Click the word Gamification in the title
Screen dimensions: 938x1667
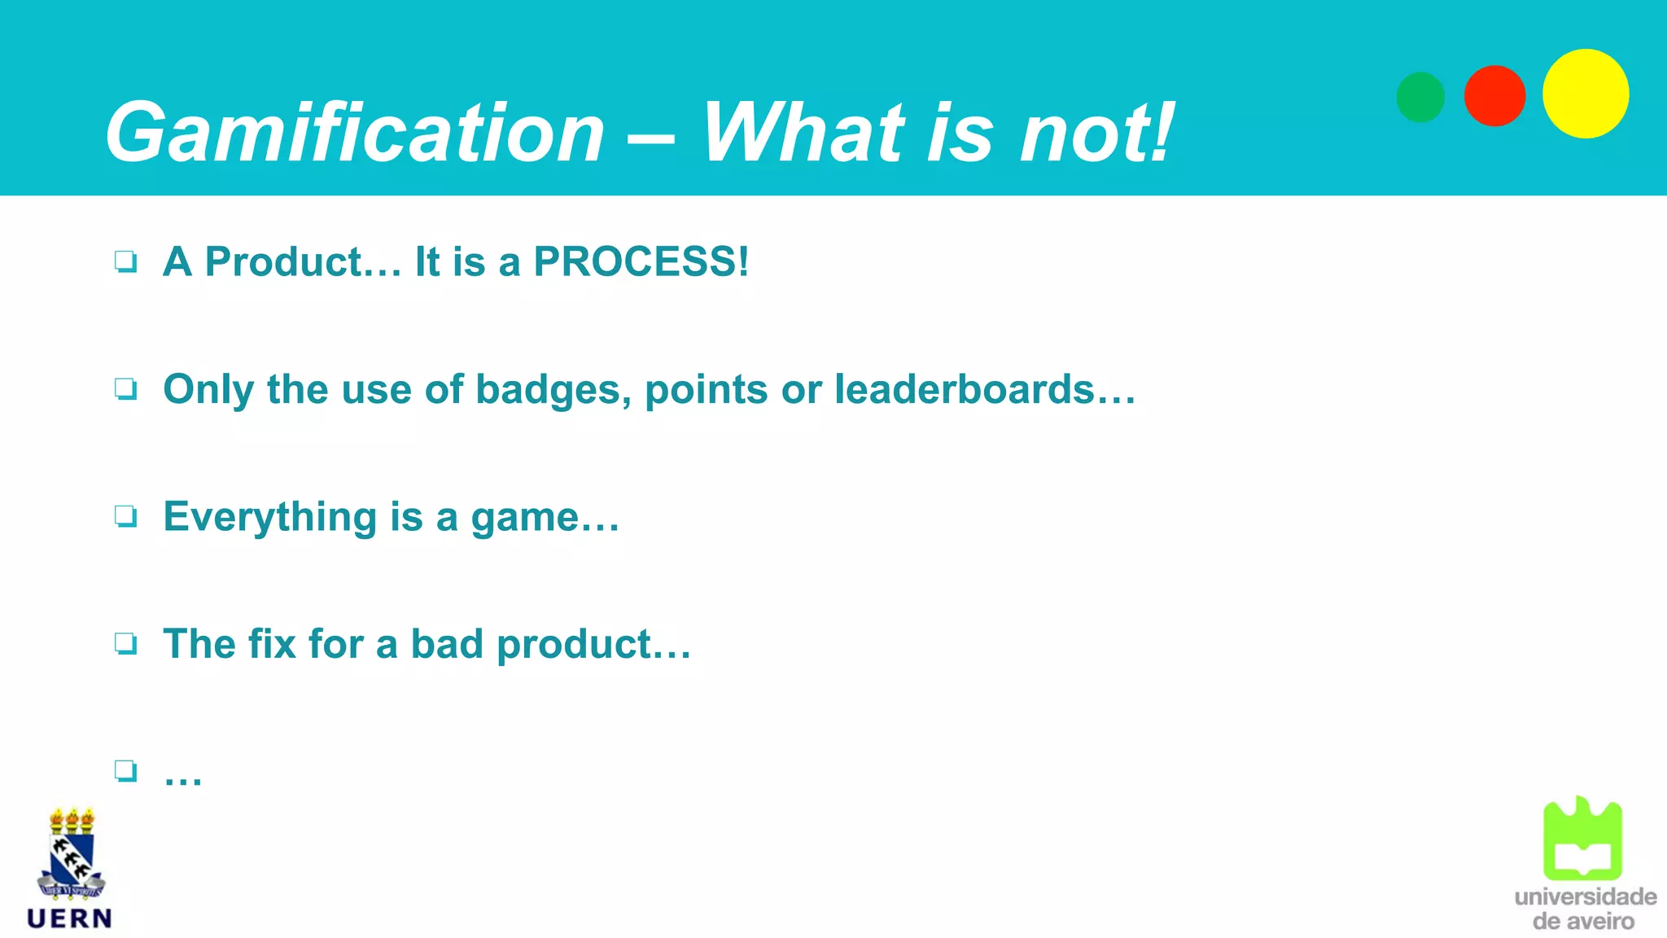(355, 133)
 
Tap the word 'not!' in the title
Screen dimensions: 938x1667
(1096, 133)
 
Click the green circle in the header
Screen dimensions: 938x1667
(1420, 97)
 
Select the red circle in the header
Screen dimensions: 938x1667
(1494, 96)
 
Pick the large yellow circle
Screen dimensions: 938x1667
(1586, 94)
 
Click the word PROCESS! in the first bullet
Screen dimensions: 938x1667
(641, 262)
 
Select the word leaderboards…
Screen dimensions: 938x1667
(985, 389)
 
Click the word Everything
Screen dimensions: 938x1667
(269, 518)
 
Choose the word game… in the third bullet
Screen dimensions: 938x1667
(545, 518)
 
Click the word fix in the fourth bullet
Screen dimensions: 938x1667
(272, 644)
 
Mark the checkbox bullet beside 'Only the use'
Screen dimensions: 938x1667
(126, 389)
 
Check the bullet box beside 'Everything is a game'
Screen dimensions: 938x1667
(126, 516)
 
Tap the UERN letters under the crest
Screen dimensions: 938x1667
(70, 918)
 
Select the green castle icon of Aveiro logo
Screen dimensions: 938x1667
(1582, 839)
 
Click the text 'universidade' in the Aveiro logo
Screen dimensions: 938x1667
(1585, 896)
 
